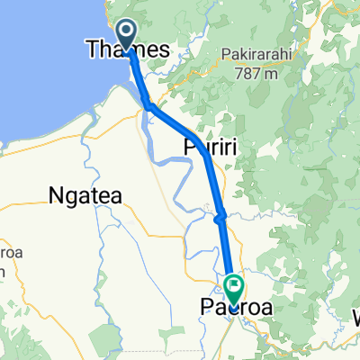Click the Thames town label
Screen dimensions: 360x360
click(x=126, y=52)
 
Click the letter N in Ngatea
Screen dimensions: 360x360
click(x=55, y=194)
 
